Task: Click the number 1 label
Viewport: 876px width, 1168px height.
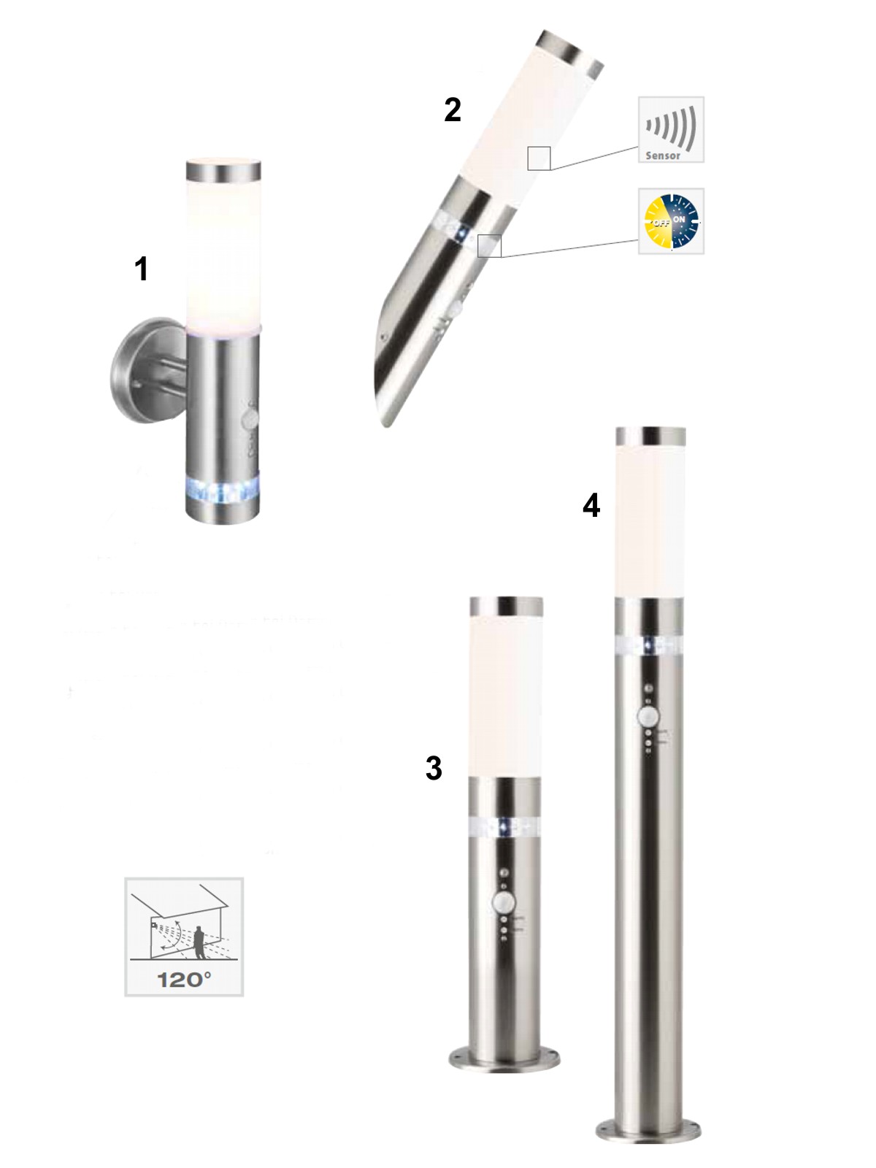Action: [x=141, y=269]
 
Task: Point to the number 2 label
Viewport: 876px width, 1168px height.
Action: [x=452, y=110]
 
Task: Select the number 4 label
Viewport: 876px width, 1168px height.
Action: [x=591, y=505]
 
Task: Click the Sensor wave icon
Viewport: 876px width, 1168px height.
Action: [x=671, y=130]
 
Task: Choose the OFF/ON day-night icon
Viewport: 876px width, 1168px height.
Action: [x=671, y=221]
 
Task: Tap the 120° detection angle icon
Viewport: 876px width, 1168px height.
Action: [x=184, y=937]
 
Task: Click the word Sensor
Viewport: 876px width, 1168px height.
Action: [x=663, y=156]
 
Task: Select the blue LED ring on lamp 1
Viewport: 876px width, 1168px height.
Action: [x=223, y=488]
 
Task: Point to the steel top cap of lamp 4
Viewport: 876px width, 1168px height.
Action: [x=650, y=436]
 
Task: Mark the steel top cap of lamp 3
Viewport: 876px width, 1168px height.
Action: [x=507, y=606]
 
